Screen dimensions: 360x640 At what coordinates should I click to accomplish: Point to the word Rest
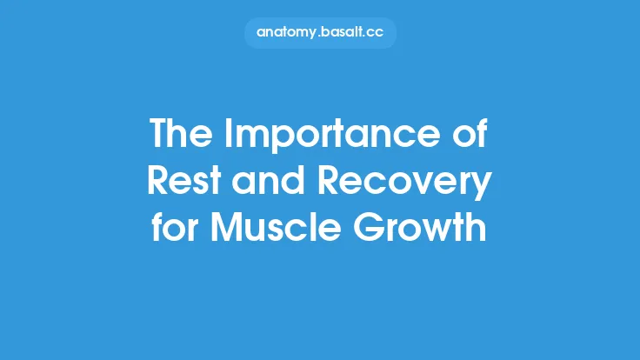click(180, 183)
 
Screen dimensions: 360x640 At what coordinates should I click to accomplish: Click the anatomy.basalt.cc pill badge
click(320, 32)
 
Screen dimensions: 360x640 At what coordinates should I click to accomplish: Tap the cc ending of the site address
click(376, 32)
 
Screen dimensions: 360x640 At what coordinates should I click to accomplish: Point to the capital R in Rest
click(157, 183)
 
